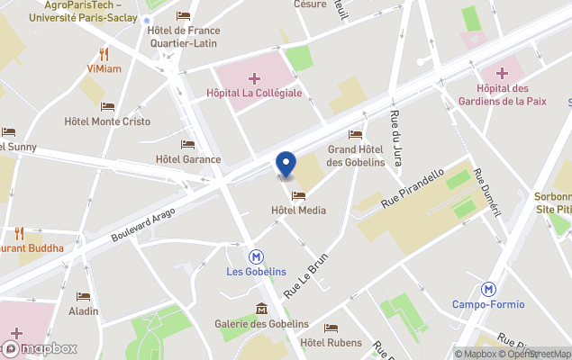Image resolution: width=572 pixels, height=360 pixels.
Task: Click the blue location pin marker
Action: pyautogui.click(x=286, y=165)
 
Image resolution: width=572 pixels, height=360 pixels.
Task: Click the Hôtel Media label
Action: pyautogui.click(x=298, y=211)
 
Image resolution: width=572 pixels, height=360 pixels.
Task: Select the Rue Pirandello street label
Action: pyautogui.click(x=413, y=189)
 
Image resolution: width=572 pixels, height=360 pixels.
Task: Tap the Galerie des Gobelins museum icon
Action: pyautogui.click(x=261, y=309)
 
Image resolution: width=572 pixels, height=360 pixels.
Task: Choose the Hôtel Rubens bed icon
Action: pyautogui.click(x=331, y=328)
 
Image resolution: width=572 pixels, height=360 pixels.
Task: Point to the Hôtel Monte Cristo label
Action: pyautogui.click(x=107, y=121)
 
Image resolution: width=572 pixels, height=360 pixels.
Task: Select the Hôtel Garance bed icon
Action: pyautogui.click(x=187, y=144)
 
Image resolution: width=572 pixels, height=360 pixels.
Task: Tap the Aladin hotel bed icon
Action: pyautogui.click(x=84, y=296)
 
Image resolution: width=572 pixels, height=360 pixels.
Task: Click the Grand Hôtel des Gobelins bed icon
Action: pyautogui.click(x=355, y=135)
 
